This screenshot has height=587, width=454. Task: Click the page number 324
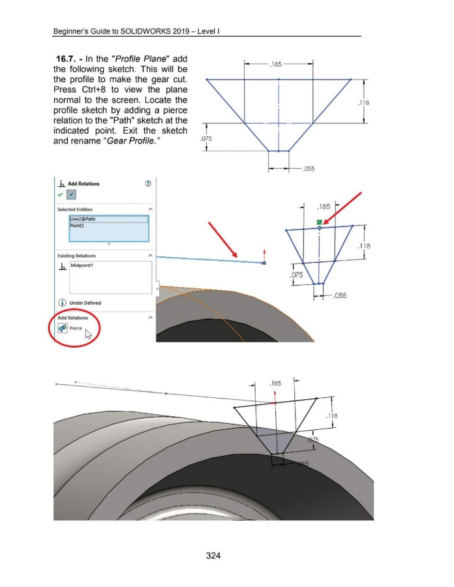point(213,556)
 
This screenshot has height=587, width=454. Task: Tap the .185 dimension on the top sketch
point(275,64)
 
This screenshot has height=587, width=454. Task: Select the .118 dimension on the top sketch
point(363,102)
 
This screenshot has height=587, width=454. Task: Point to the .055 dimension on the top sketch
point(309,169)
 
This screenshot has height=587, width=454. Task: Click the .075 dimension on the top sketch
point(206,138)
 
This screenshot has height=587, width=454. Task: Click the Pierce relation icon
point(62,328)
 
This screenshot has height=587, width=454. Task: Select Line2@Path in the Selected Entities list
point(83,219)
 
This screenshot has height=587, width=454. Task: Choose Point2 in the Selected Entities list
point(77,226)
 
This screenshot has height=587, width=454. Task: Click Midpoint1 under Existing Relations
point(82,265)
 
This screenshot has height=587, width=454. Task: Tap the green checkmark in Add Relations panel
point(60,194)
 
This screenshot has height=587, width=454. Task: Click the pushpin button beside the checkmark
point(71,194)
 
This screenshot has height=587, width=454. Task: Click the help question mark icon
point(148,183)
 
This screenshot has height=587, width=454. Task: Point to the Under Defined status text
point(85,303)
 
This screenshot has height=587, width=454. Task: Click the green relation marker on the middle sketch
point(319,222)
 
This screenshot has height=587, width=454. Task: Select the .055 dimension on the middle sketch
point(340,295)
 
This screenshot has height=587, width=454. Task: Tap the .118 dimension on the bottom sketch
point(331,415)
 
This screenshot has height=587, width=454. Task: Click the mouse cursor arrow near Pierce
point(88,334)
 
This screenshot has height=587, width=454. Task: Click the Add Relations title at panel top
point(83,184)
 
